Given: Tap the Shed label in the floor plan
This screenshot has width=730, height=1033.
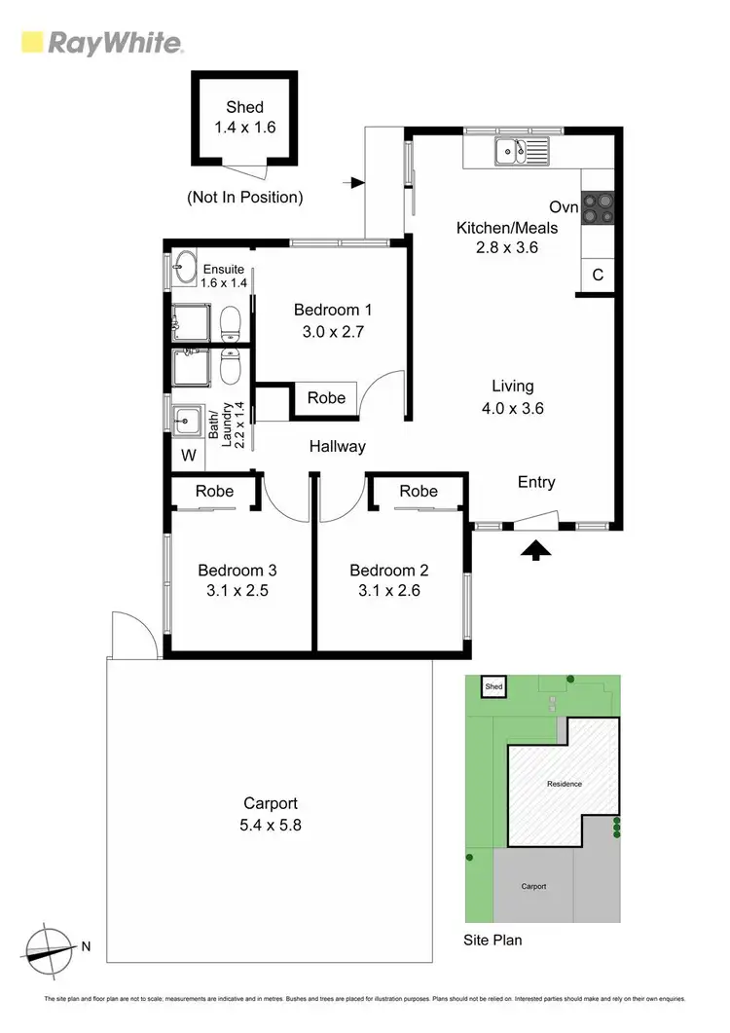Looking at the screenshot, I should [244, 107].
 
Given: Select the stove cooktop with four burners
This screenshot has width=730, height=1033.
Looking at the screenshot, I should [598, 209].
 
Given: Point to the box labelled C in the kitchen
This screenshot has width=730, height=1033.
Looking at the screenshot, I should [598, 276].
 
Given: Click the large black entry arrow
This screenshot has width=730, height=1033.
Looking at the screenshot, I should [534, 550].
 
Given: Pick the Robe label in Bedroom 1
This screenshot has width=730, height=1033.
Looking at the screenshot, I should [326, 397].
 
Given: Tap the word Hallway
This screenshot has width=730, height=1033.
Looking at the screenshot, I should [338, 447].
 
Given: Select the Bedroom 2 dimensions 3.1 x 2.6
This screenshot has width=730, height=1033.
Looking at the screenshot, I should [388, 590].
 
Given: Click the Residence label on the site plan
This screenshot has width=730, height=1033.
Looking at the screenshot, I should [564, 784].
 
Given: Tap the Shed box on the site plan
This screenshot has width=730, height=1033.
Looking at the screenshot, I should [493, 688].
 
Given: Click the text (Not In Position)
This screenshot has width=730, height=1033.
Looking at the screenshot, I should [244, 198].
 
